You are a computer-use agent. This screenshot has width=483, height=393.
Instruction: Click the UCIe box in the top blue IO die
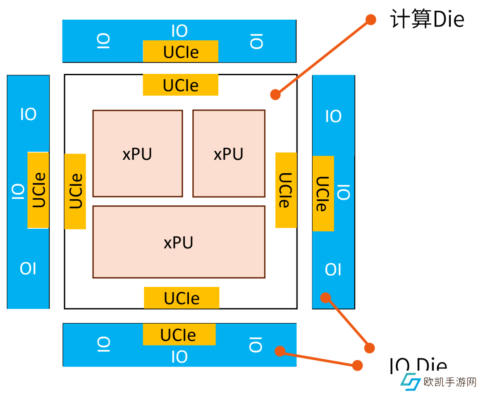click(x=181, y=51)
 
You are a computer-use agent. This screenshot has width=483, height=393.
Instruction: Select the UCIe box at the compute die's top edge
click(x=181, y=85)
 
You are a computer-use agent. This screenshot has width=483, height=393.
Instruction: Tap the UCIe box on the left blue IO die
click(x=38, y=190)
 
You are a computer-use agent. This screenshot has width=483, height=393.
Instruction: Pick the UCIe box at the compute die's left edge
click(x=75, y=192)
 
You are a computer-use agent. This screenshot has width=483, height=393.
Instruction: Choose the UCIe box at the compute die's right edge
click(x=286, y=190)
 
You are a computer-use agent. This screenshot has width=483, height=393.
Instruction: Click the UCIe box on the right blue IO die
click(x=323, y=194)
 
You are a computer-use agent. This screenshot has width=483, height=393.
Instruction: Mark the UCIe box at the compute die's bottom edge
click(x=182, y=298)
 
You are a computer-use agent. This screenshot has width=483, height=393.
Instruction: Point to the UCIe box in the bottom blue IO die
click(x=179, y=335)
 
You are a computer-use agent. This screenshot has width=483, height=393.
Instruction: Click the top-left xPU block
click(x=138, y=154)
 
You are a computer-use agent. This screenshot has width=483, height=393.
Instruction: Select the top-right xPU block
click(x=229, y=154)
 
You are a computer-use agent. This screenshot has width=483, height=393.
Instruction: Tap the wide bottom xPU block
click(x=179, y=242)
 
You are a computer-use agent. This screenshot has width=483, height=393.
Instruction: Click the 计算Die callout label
click(x=427, y=20)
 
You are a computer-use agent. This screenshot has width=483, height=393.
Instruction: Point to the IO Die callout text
click(x=418, y=365)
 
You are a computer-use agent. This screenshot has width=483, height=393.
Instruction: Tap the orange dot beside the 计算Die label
click(x=371, y=19)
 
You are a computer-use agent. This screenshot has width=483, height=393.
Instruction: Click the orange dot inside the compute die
click(x=275, y=94)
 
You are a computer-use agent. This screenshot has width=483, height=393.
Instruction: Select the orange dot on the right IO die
click(x=326, y=297)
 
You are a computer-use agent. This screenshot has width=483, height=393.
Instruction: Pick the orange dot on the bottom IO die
click(x=280, y=351)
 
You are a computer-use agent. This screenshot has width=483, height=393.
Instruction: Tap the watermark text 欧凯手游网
click(x=450, y=382)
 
